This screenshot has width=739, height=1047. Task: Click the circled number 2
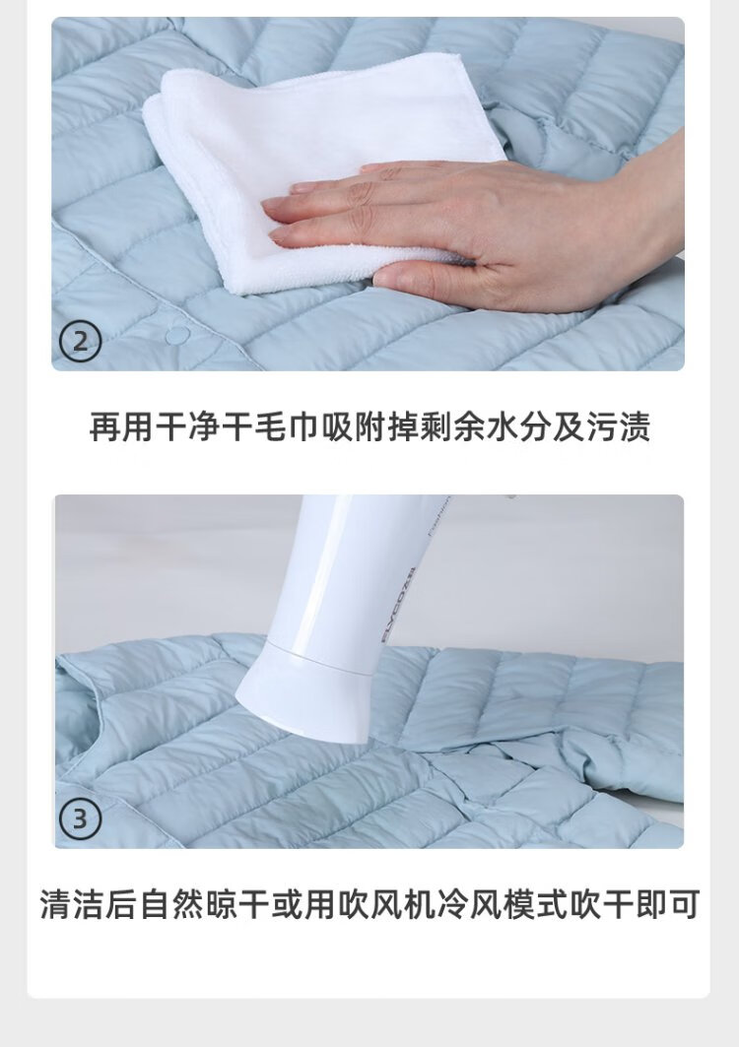pyautogui.click(x=80, y=343)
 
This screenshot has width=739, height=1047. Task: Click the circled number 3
pyautogui.click(x=80, y=818)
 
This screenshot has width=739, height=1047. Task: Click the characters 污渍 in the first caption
pyautogui.click(x=618, y=426)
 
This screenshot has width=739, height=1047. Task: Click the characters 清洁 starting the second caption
pyautogui.click(x=72, y=904)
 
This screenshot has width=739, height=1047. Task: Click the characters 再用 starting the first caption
pyautogui.click(x=121, y=426)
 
